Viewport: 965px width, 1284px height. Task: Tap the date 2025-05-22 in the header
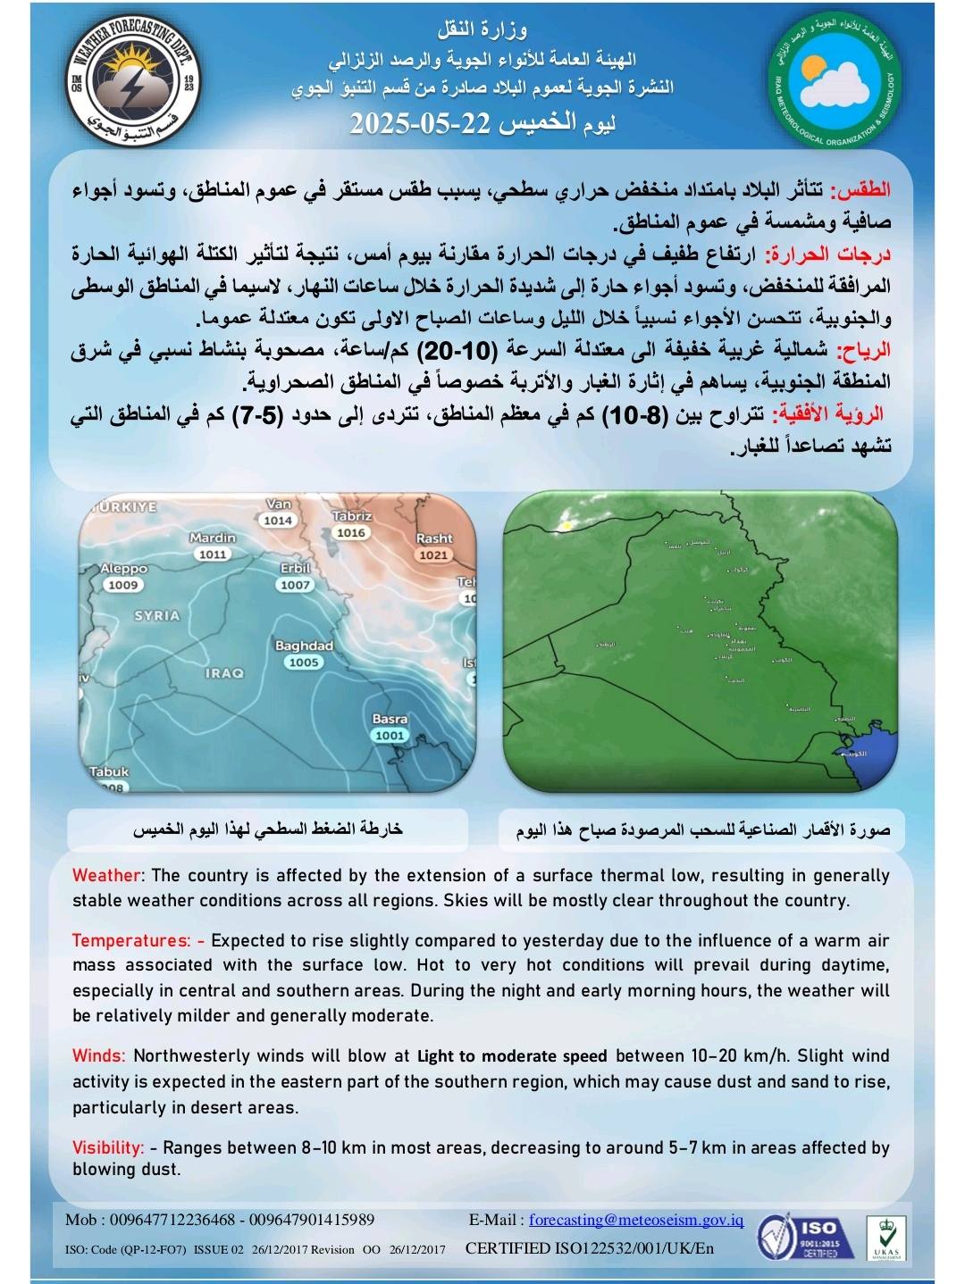pos(419,123)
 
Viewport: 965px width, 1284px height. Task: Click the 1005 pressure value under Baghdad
pos(304,663)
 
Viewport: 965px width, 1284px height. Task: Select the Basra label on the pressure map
pos(390,719)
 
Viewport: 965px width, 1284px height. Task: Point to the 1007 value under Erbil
pos(295,585)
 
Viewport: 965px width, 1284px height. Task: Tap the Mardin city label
pos(213,538)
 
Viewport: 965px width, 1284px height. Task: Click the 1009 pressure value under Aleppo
pos(123,585)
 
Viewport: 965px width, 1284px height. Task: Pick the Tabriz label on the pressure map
pos(351,516)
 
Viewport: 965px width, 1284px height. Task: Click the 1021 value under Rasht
pos(433,554)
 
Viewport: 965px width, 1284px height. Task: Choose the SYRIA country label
pos(157,616)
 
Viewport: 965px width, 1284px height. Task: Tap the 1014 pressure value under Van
pos(278,521)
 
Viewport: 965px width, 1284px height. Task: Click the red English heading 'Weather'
pos(106,876)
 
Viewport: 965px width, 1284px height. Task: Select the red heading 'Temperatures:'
pos(130,940)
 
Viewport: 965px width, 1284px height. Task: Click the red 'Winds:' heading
pos(98,1055)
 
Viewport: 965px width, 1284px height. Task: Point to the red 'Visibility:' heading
pos(107,1147)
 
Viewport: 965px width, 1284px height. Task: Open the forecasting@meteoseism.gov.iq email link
pos(635,1220)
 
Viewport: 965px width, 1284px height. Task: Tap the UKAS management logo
pos(887,1238)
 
